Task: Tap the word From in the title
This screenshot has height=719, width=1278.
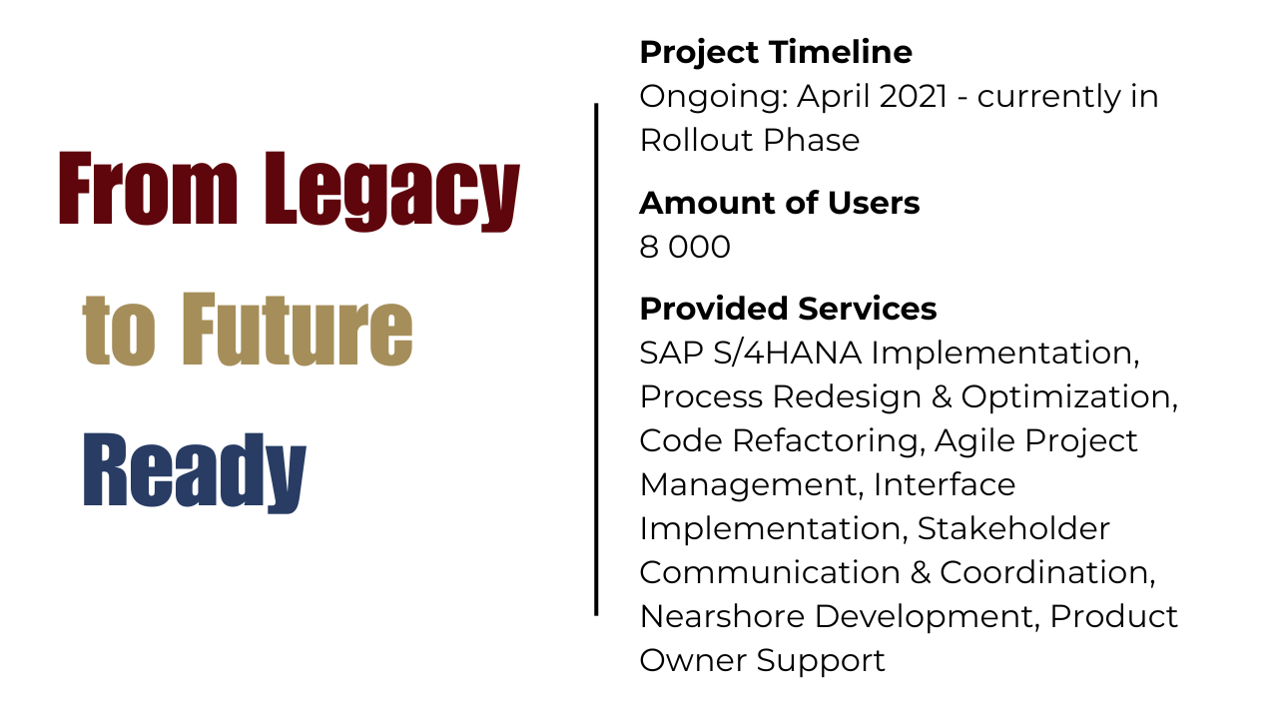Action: pos(148,190)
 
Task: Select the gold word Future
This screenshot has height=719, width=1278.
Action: pos(297,330)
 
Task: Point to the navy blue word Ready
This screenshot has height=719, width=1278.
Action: pos(194,470)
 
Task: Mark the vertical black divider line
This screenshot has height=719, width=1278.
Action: pos(596,359)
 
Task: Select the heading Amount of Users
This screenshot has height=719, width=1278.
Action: pos(779,203)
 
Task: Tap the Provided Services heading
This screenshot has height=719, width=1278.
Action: pos(788,309)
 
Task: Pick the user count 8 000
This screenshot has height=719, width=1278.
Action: pos(685,247)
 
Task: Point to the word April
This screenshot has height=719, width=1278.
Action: pos(834,97)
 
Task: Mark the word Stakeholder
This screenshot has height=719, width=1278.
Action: pos(1012,528)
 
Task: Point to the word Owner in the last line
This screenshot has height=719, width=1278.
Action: pos(693,660)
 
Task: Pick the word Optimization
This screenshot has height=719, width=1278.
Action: pos(1069,396)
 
